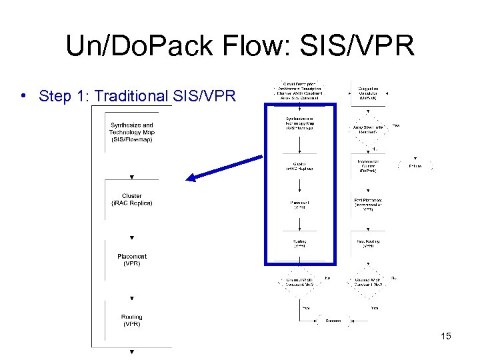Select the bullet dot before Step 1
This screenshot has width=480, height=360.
[23, 95]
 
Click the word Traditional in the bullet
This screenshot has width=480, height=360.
[133, 96]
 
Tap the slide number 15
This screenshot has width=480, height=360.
[446, 336]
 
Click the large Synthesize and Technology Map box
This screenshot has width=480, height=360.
[131, 132]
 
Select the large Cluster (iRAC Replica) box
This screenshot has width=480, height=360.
[131, 199]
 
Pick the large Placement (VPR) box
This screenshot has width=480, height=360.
[131, 260]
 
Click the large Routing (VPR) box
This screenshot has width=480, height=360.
[131, 321]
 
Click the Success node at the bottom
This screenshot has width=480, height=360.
[333, 321]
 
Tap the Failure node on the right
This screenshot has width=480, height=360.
[415, 166]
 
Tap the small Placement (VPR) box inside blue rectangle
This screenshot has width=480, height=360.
[299, 205]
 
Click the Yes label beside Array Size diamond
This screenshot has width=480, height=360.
[395, 125]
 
